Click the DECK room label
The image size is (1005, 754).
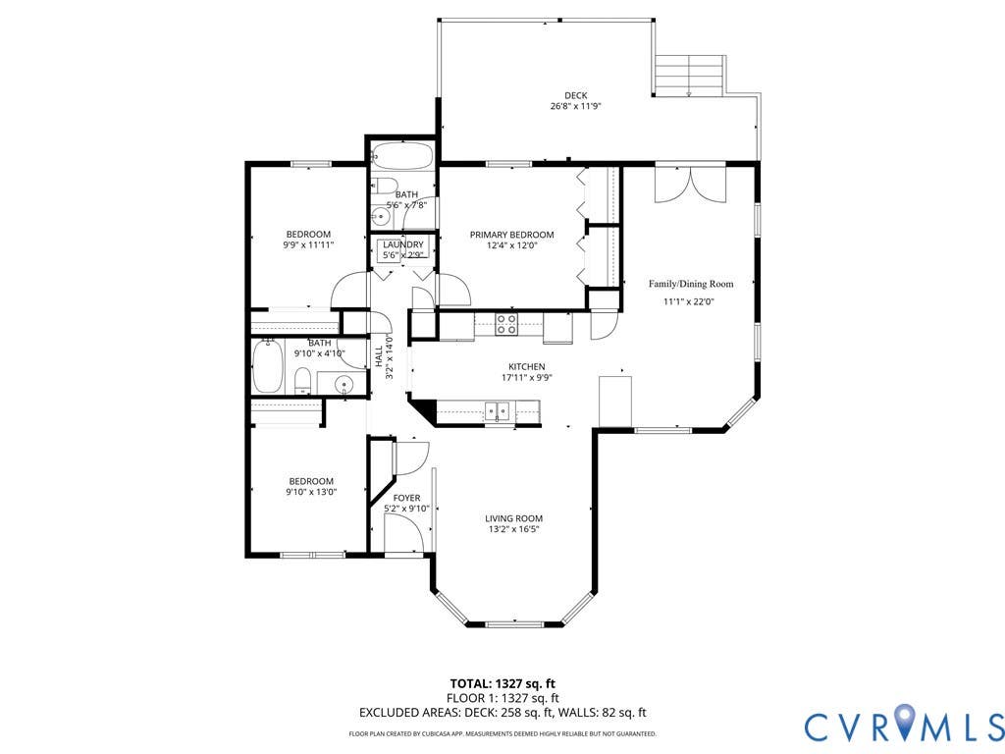[575, 95]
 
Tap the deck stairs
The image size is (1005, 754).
[689, 75]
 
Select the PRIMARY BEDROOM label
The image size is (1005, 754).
[511, 235]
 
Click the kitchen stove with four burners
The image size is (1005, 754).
[506, 324]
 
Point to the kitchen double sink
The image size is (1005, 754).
[497, 410]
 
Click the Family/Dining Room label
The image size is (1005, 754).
[690, 284]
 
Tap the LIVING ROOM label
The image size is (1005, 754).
[513, 518]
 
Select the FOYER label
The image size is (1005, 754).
[406, 498]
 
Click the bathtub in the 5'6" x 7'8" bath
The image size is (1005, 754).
[402, 156]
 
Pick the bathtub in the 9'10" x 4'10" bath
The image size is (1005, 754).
[268, 367]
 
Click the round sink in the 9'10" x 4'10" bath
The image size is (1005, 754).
[344, 385]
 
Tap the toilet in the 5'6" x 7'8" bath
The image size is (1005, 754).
[383, 186]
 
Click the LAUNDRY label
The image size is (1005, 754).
[403, 244]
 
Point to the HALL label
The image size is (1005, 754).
[378, 356]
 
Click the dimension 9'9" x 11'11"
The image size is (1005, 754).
[308, 244]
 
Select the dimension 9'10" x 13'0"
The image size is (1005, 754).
[311, 492]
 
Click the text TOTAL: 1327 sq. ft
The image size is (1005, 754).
[498, 683]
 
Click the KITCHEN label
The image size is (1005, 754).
[527, 367]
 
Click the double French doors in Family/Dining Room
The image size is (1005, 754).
[690, 184]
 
